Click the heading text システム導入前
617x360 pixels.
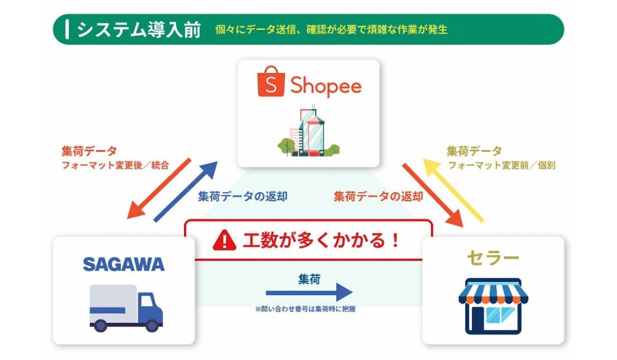click(x=138, y=29)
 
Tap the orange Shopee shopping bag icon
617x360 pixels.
click(x=271, y=81)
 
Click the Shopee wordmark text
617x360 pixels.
click(x=326, y=86)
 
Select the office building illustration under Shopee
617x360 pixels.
click(x=308, y=130)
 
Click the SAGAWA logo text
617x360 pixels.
click(x=124, y=264)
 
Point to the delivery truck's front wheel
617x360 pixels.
click(x=152, y=326)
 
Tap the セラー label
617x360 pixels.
click(x=493, y=258)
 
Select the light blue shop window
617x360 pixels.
click(x=500, y=315)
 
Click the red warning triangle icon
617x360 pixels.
click(x=225, y=240)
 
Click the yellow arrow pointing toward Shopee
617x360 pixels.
click(x=453, y=190)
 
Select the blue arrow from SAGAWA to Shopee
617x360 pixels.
click(x=186, y=192)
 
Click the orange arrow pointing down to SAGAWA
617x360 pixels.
click(x=159, y=188)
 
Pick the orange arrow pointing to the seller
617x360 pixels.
click(x=433, y=195)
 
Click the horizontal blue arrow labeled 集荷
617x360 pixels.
click(x=309, y=293)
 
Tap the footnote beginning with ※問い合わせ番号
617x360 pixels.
click(x=305, y=309)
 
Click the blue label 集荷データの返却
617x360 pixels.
click(x=243, y=196)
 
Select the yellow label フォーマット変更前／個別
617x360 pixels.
click(x=502, y=165)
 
